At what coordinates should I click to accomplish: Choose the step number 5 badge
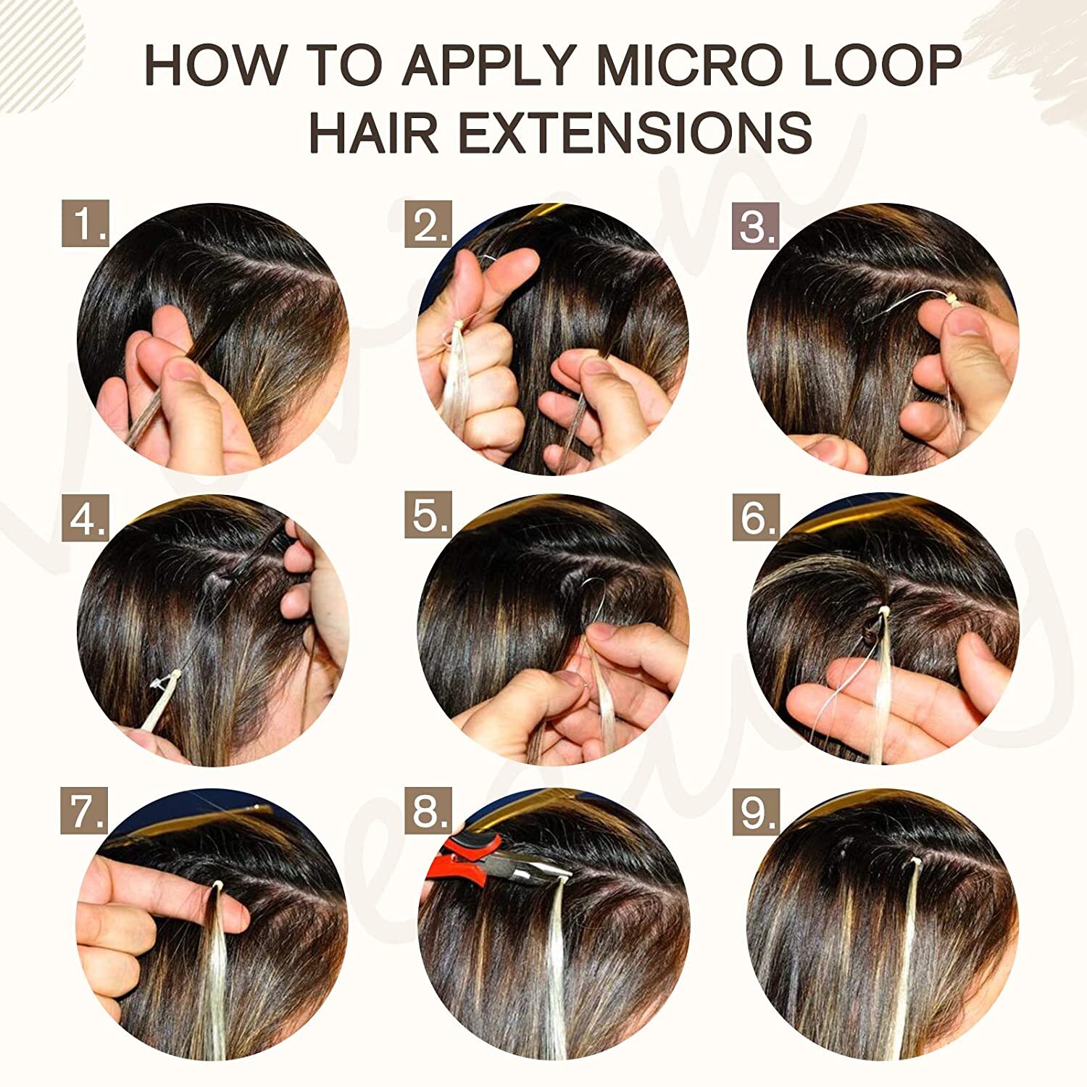coord(428,515)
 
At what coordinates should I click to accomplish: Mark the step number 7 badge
coord(84,811)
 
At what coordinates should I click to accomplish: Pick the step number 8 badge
coord(428,811)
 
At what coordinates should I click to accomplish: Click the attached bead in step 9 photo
coord(915,862)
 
